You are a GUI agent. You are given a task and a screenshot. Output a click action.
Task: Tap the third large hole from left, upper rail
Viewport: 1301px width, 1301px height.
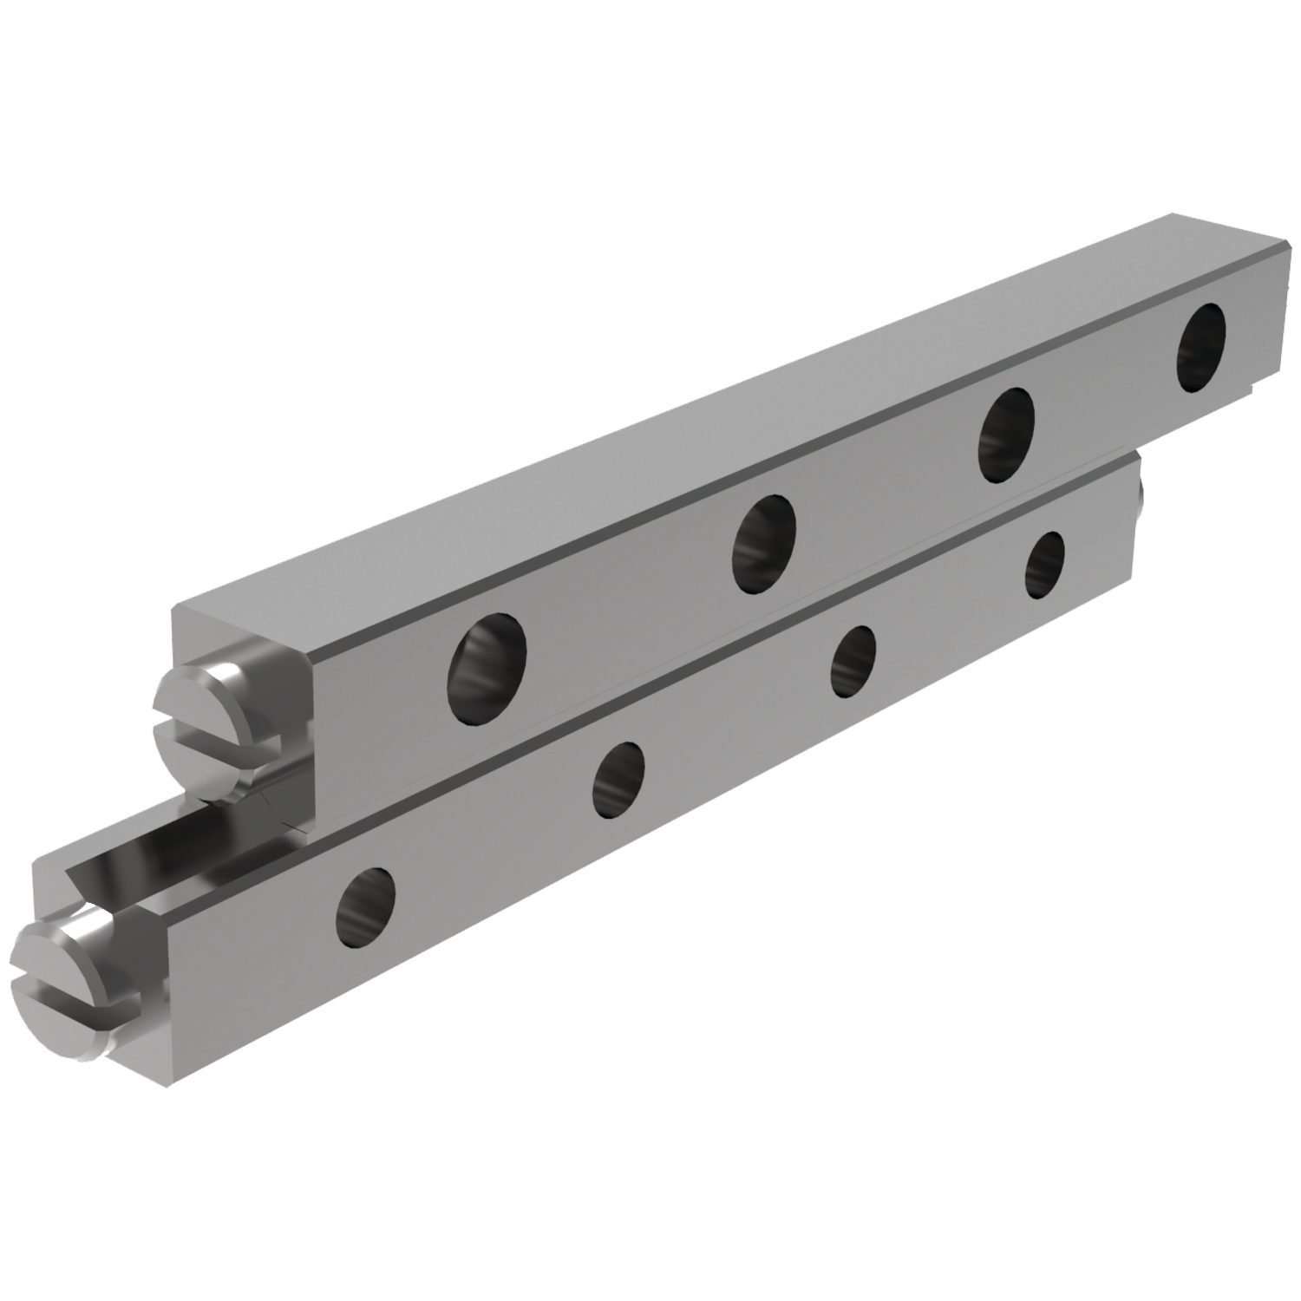coord(1006,435)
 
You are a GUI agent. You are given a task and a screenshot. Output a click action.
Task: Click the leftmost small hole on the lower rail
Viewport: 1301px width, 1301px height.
coord(365,898)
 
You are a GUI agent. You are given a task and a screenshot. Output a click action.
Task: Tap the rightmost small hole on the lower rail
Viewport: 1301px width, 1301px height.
coord(1044,565)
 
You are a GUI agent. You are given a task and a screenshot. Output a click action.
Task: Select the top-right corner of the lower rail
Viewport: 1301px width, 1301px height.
coord(1134,454)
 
